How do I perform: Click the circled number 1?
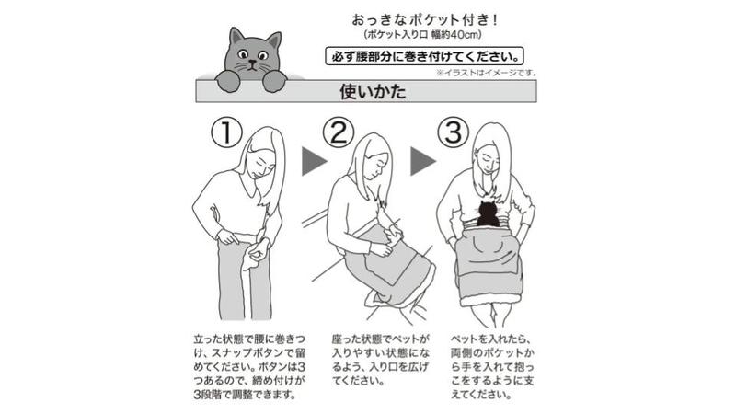[x=226, y=132]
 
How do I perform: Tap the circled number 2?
[x=339, y=132]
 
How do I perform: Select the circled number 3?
[x=453, y=132]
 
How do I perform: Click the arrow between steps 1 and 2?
[x=314, y=162]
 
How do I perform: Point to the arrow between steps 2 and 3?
[x=423, y=162]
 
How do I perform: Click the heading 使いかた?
[x=373, y=91]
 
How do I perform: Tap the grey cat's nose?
[x=253, y=62]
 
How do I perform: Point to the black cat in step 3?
[x=488, y=213]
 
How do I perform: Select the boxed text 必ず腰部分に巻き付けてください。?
[x=424, y=56]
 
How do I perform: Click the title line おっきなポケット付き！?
[x=424, y=20]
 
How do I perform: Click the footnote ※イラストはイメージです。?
[x=487, y=74]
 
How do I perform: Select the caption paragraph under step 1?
[x=249, y=366]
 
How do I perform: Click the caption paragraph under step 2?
[x=380, y=360]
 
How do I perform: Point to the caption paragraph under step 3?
[x=492, y=366]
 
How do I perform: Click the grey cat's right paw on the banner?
[x=274, y=82]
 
